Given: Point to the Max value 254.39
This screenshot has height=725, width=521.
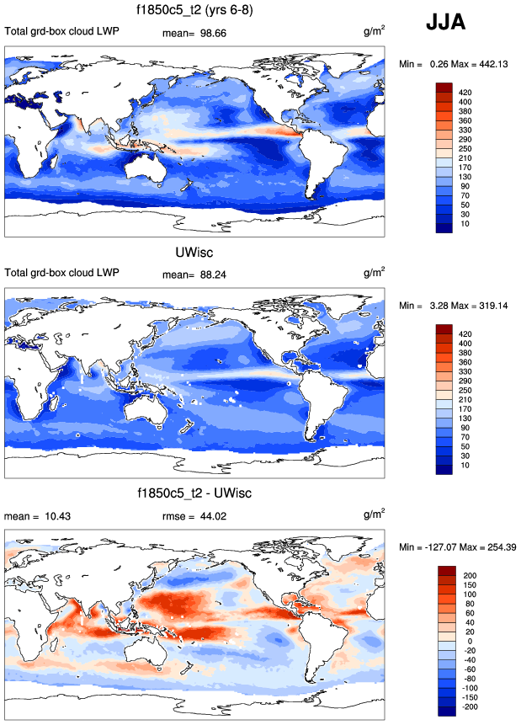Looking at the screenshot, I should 496,546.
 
